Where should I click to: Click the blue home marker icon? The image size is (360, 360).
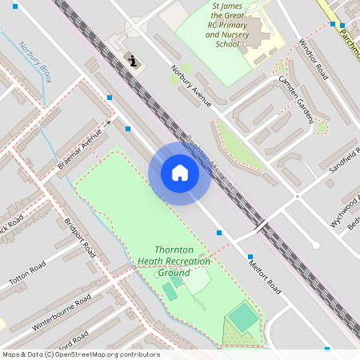click(179, 174)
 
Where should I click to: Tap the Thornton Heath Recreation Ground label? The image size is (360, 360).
click(174, 262)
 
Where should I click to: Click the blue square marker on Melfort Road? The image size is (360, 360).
click(219, 233)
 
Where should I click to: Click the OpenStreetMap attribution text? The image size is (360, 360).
click(81, 354)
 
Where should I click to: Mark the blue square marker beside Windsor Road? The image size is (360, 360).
click(332, 25)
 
